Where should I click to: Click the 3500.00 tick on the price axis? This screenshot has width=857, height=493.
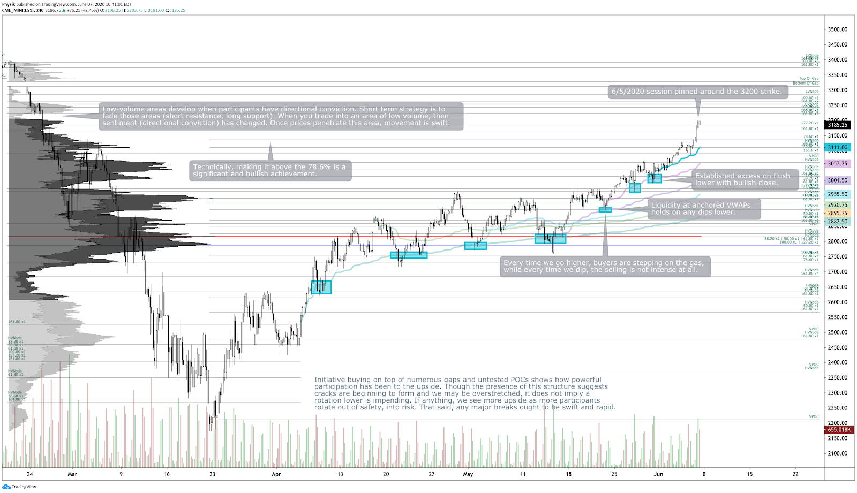(837, 29)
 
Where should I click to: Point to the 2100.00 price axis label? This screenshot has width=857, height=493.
(837, 453)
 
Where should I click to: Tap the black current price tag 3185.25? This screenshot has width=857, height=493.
(837, 125)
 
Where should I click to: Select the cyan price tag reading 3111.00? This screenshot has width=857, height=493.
(837, 147)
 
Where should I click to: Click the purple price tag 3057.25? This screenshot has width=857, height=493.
(837, 164)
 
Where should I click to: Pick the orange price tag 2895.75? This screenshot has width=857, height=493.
(837, 213)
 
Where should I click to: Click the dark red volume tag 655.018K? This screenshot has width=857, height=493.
(839, 430)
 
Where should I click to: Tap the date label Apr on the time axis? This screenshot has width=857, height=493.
(276, 474)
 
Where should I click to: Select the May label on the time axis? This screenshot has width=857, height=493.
(468, 474)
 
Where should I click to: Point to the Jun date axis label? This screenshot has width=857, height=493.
(658, 474)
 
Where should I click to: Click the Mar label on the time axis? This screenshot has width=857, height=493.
(72, 474)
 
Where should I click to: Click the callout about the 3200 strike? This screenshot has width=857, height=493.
(697, 92)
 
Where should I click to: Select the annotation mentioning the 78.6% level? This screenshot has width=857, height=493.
(270, 170)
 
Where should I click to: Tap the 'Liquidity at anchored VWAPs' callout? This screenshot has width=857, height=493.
(704, 209)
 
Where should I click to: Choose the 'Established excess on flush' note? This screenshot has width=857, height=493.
(742, 179)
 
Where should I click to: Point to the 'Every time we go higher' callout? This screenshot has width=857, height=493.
(605, 266)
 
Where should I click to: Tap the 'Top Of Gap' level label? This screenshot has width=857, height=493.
(809, 78)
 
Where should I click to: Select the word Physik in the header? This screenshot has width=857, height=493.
(9, 4)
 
